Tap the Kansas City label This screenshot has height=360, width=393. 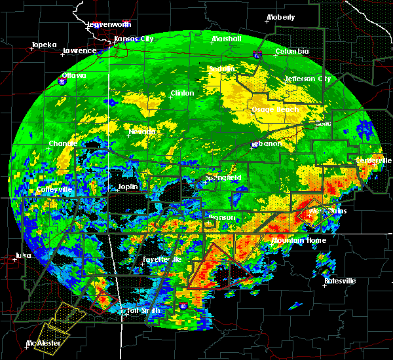134,39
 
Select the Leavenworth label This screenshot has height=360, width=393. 110,25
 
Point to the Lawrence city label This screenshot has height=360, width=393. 79,50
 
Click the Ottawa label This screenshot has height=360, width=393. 73,75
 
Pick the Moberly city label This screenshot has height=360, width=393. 281,17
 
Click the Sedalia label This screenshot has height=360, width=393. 222,69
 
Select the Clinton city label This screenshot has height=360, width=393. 182,93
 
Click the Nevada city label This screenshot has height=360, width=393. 143,132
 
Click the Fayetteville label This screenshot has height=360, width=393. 162,259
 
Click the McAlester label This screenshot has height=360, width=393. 40,343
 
